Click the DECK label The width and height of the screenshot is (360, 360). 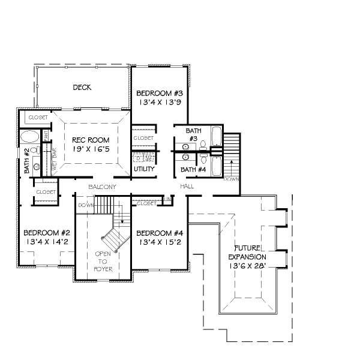(82, 88)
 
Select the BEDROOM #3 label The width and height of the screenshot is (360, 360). (159, 94)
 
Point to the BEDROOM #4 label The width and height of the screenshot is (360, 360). (159, 233)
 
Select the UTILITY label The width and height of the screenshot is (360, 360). (144, 169)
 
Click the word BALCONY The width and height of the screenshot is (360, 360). (101, 187)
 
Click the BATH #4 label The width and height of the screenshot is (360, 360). (193, 170)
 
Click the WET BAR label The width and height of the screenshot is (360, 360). (54, 161)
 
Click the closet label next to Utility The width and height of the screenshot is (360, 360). (143, 138)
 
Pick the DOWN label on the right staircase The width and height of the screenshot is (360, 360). (232, 179)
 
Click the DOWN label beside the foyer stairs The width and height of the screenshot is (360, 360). (86, 205)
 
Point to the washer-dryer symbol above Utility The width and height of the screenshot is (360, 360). (144, 158)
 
